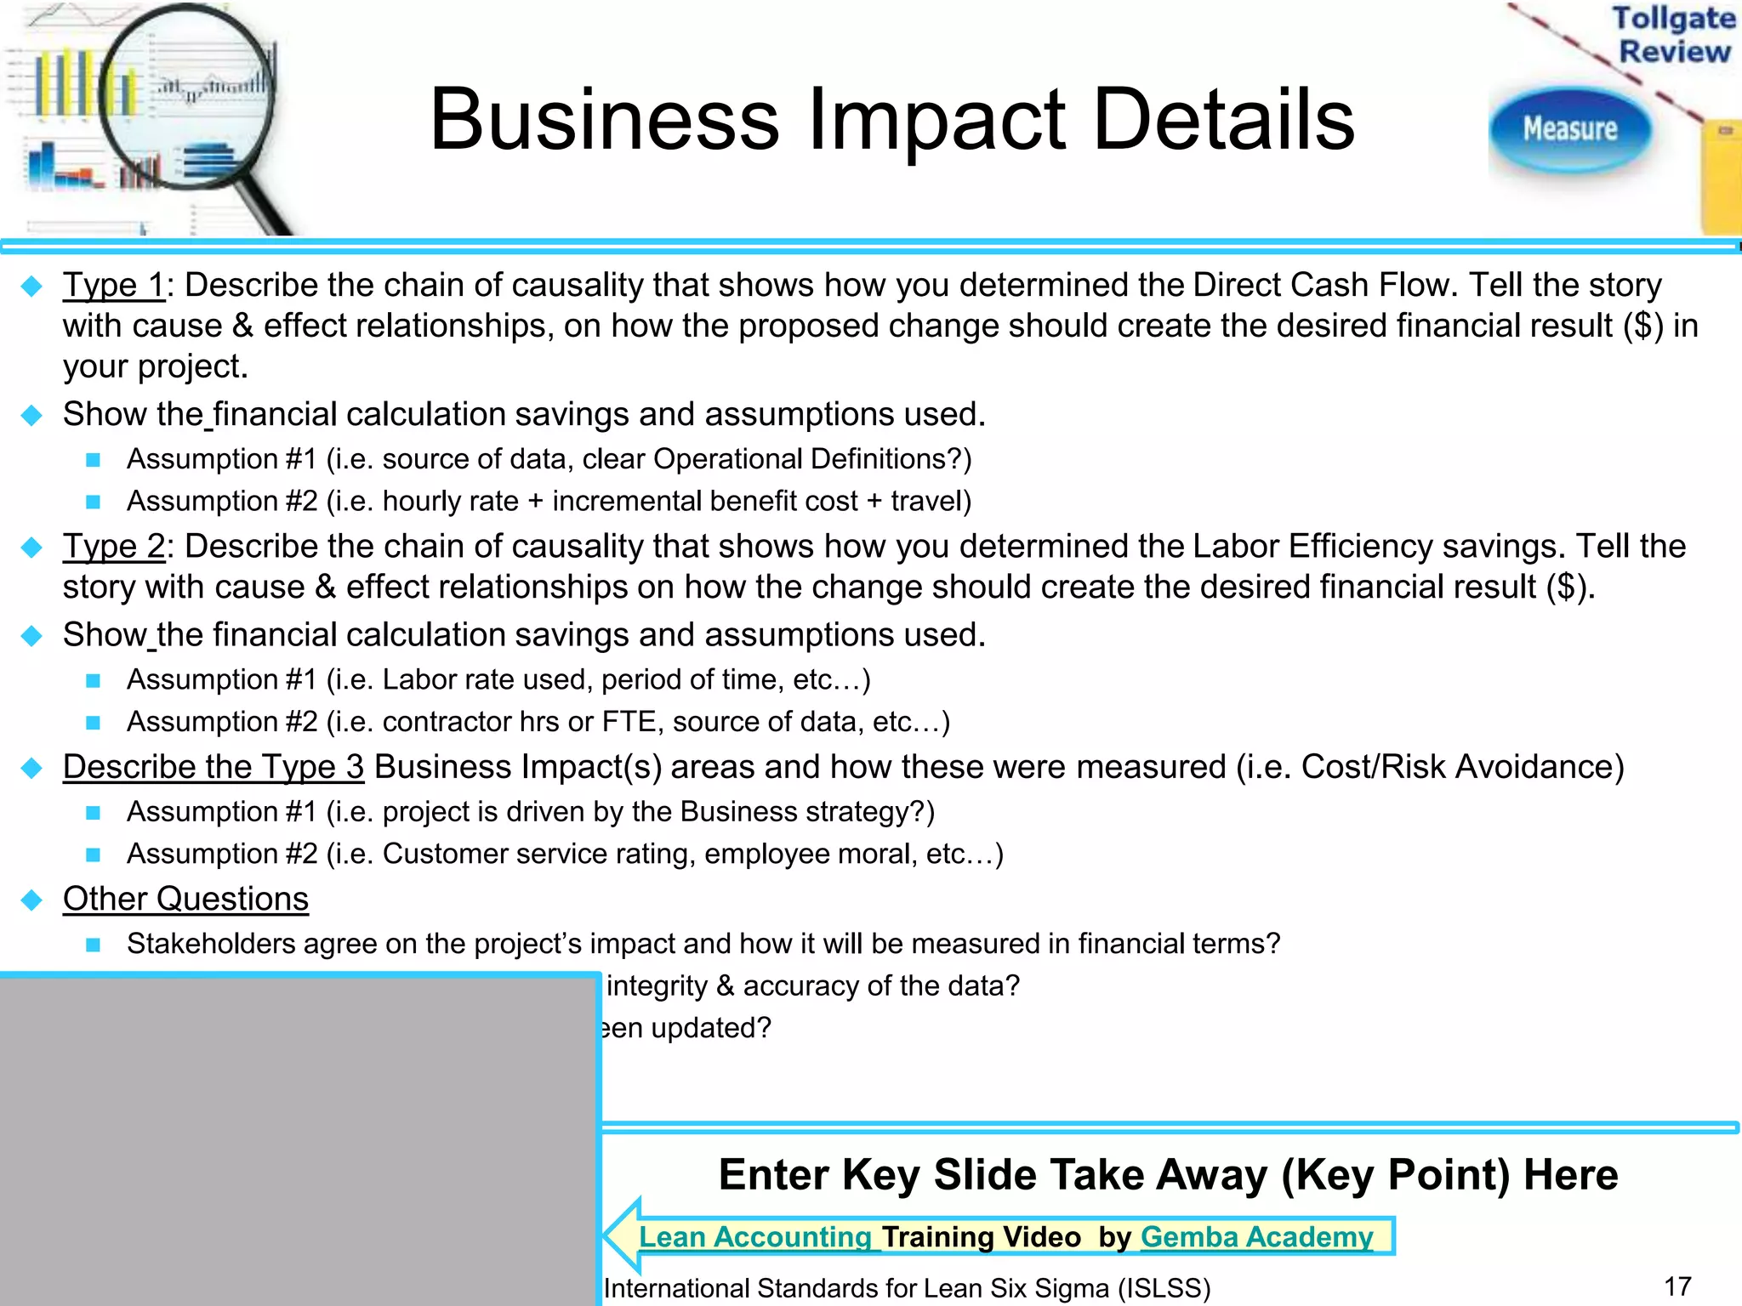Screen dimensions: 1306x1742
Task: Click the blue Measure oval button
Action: coord(1570,129)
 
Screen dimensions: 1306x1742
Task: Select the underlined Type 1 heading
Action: coord(113,286)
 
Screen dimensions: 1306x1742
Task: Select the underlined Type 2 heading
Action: coord(113,547)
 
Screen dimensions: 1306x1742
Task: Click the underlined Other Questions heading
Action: coord(185,899)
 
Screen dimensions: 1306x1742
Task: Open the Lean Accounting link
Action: coord(755,1237)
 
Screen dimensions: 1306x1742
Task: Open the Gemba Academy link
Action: coord(1256,1237)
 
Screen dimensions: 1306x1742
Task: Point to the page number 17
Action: coord(1677,1286)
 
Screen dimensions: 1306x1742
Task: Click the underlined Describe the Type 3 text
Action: coord(213,767)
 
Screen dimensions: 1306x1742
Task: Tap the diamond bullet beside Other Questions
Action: coord(32,900)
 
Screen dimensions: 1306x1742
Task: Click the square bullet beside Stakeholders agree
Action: coord(94,945)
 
